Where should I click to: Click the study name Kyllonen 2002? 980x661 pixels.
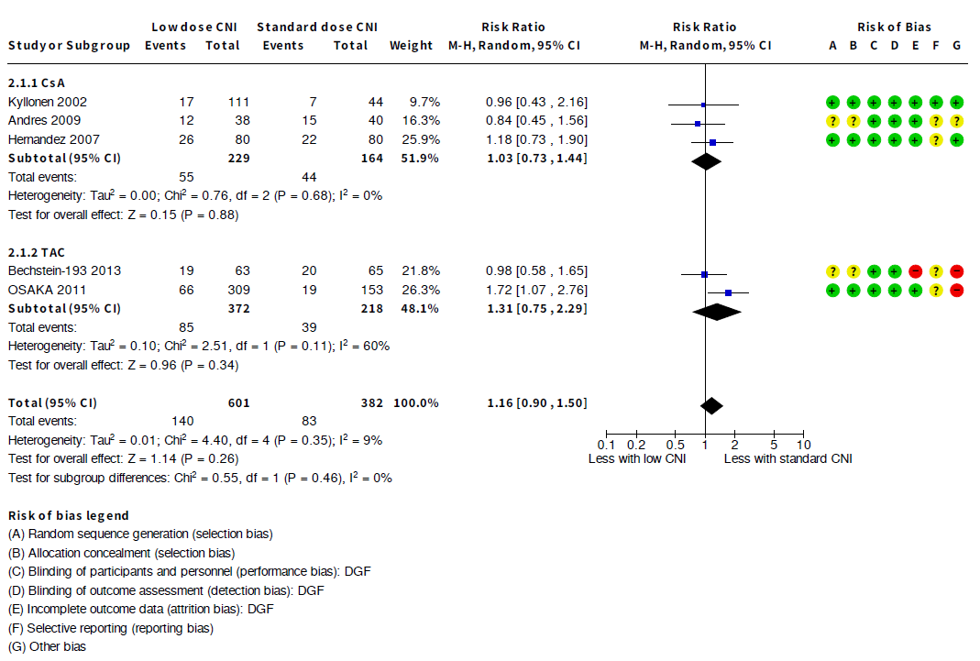47,102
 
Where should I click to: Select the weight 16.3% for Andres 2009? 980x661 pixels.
422,120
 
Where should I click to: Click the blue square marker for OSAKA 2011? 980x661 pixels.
728,292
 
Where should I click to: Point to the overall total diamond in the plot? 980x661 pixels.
710,405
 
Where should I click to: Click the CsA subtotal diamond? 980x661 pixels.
705,161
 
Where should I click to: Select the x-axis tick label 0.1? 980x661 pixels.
606,445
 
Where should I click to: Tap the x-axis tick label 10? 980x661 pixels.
804,445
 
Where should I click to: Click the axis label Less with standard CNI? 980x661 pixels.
787,458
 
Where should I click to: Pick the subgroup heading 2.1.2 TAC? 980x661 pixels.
37,251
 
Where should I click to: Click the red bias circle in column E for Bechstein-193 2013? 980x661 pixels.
915,271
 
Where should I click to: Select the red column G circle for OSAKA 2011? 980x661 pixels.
956,291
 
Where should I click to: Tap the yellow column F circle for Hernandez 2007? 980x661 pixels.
935,140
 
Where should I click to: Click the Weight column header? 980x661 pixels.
411,45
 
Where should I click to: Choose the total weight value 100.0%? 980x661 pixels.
417,402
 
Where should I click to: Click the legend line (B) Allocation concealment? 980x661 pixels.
121,553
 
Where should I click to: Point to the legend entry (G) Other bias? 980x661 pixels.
47,646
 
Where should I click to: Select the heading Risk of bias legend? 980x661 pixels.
69,515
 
